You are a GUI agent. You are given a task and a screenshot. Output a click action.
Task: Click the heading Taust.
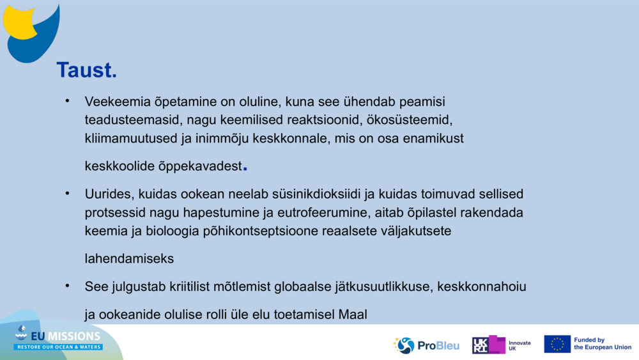tap(86, 70)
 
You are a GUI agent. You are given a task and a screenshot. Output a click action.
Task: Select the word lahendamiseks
tap(129, 259)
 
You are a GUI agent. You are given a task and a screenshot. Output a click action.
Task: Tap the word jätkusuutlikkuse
tap(383, 286)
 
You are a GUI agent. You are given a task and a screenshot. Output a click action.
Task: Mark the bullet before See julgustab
tap(66, 286)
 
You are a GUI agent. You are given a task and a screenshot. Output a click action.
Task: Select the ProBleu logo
tap(426, 345)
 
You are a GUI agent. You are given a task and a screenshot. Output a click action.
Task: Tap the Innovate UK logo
tap(502, 345)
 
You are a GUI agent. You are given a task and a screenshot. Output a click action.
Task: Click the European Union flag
tap(557, 344)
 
